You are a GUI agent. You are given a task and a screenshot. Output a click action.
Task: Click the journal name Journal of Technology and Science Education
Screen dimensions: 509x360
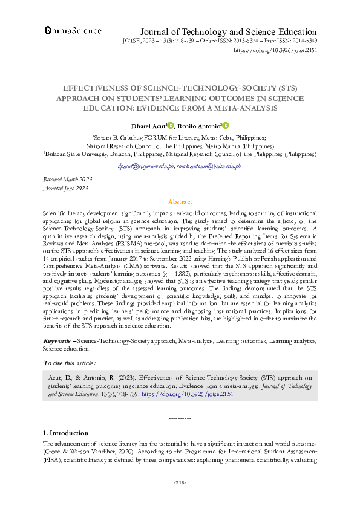tap(228, 32)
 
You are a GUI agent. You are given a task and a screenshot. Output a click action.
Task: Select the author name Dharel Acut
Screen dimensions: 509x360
tap(148, 126)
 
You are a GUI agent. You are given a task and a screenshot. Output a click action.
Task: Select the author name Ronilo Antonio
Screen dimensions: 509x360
tap(199, 126)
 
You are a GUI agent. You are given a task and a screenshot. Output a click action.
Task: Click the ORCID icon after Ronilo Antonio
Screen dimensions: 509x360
tap(226, 126)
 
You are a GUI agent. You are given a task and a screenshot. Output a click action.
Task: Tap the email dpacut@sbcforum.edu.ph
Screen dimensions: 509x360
tap(146, 165)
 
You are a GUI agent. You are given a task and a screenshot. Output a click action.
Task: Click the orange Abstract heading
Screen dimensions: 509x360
tap(180, 202)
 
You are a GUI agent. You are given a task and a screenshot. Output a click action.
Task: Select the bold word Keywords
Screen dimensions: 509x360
tap(57, 342)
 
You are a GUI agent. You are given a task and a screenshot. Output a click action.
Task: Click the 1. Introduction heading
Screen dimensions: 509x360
tap(65, 433)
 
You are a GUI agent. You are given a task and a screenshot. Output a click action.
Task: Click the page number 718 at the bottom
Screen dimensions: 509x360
tap(180, 482)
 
